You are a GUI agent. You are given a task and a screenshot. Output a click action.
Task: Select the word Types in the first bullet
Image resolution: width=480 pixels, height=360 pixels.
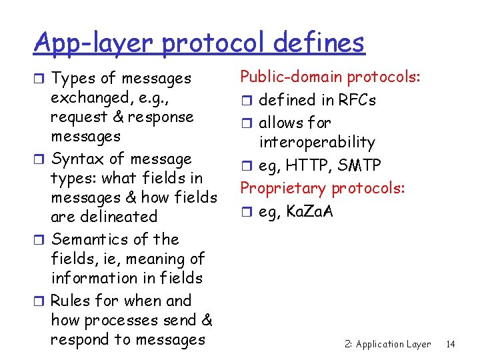coord(72,79)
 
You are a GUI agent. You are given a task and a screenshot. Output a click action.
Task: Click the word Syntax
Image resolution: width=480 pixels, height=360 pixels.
coord(78,159)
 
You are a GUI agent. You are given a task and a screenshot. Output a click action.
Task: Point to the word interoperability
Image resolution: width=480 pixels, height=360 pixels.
coord(317,142)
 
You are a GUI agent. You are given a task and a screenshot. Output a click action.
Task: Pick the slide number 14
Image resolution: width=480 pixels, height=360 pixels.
coord(451,344)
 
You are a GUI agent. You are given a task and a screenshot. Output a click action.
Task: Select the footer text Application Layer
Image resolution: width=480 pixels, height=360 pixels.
coord(393,344)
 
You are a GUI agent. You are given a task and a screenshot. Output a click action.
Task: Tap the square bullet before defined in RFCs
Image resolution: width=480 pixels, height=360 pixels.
coord(246,101)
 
